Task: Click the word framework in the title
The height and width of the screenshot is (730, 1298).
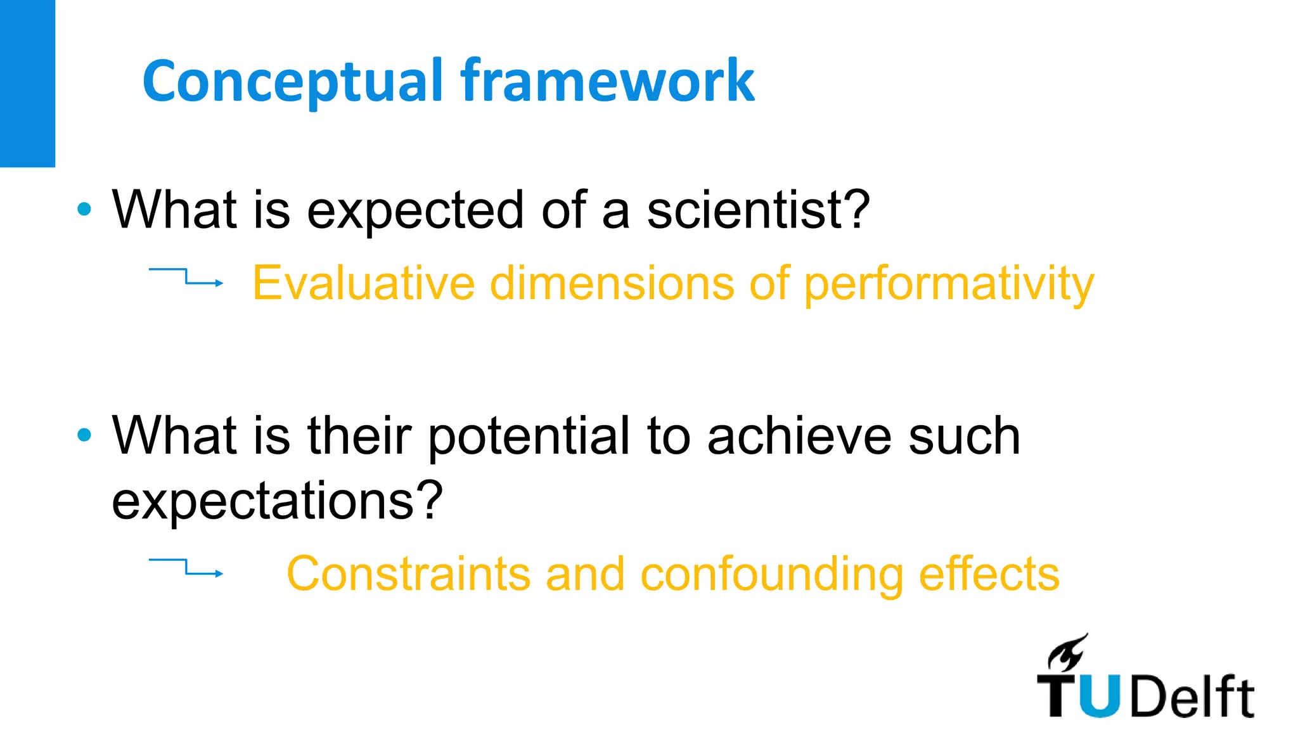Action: (607, 81)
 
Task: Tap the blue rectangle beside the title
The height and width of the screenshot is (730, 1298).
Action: (27, 82)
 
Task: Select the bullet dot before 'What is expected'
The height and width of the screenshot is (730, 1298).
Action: (84, 209)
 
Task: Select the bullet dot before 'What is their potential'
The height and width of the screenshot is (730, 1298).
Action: (84, 435)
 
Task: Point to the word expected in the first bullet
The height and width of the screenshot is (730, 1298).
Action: (416, 212)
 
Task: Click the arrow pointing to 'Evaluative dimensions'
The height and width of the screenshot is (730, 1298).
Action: (186, 278)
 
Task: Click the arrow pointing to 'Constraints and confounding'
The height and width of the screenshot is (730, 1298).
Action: (186, 568)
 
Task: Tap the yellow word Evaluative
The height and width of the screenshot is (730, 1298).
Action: (363, 283)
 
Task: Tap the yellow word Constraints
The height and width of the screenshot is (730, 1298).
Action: (408, 573)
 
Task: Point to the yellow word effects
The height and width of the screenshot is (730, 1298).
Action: (989, 573)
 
